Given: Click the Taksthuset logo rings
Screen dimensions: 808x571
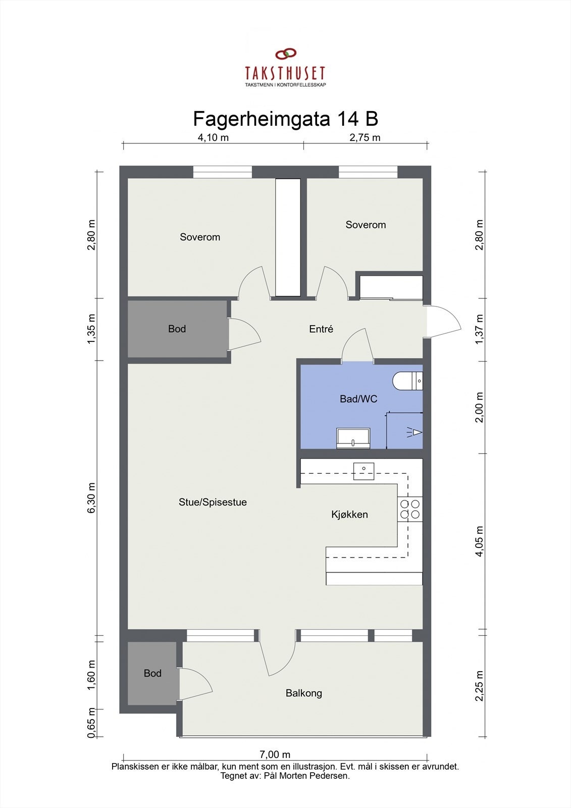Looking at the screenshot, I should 285,54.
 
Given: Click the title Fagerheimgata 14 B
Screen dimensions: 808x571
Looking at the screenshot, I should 285,119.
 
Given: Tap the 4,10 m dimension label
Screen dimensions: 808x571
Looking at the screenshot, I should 213,137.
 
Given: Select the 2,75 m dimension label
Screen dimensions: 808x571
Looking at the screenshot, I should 365,137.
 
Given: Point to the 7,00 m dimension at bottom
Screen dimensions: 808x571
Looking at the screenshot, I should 275,754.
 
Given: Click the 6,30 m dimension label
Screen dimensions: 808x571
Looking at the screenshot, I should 91,498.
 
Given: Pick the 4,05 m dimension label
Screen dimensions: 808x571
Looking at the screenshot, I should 480,541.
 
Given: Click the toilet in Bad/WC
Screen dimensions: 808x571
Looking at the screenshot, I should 408,381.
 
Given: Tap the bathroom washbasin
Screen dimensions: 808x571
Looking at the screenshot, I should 353,438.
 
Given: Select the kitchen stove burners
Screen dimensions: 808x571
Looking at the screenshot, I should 409,509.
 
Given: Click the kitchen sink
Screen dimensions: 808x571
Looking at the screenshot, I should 364,471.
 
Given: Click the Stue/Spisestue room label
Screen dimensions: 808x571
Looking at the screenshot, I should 213,502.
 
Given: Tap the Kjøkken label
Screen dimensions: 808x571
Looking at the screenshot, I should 349,515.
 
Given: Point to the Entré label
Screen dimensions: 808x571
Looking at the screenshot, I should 321,329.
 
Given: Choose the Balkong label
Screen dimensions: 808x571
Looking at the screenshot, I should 303,693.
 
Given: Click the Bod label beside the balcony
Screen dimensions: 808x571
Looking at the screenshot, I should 152,673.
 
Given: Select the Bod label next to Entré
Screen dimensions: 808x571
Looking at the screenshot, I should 177,329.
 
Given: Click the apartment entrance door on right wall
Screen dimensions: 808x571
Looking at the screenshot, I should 443,322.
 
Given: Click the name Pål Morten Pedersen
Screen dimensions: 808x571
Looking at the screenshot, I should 306,776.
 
